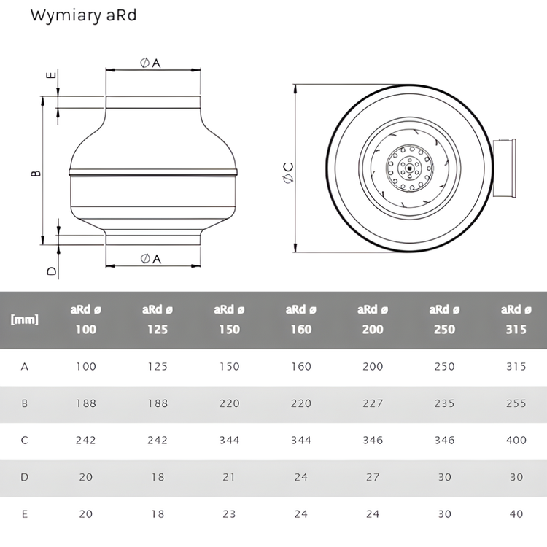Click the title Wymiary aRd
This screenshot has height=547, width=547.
pyautogui.click(x=83, y=16)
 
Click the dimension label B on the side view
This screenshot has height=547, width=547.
pyautogui.click(x=36, y=173)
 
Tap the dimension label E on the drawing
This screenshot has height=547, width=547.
pyautogui.click(x=51, y=75)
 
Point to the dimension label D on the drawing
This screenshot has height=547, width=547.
pyautogui.click(x=52, y=271)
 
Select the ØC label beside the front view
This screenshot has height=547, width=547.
pyautogui.click(x=289, y=173)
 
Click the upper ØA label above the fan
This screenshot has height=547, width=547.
pyautogui.click(x=150, y=63)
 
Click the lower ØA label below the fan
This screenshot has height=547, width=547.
pyautogui.click(x=151, y=259)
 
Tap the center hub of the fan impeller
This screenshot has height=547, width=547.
pyautogui.click(x=409, y=168)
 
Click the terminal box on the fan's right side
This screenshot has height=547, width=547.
pyautogui.click(x=505, y=168)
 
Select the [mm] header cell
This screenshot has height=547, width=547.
pyautogui.click(x=24, y=319)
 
